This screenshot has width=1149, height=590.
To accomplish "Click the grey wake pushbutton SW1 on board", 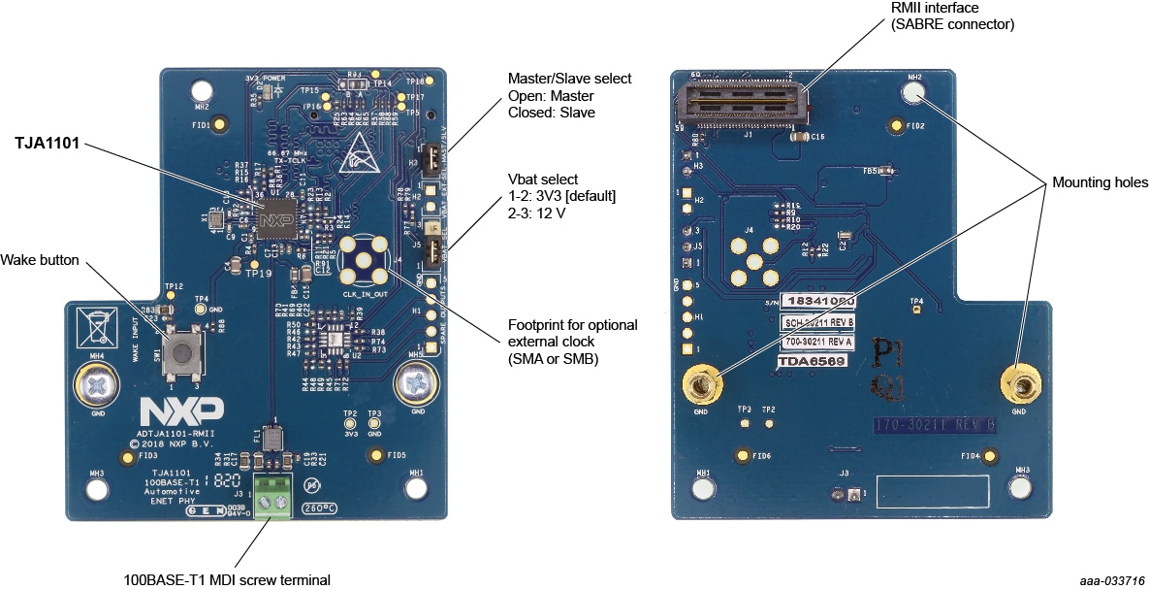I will tap(179, 351).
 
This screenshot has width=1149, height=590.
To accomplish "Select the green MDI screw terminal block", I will tap(274, 498).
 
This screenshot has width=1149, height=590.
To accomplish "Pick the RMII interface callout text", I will tap(951, 16).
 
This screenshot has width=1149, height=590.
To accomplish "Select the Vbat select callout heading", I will tap(542, 180).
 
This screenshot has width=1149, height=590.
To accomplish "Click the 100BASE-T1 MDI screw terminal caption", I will tap(227, 580).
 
